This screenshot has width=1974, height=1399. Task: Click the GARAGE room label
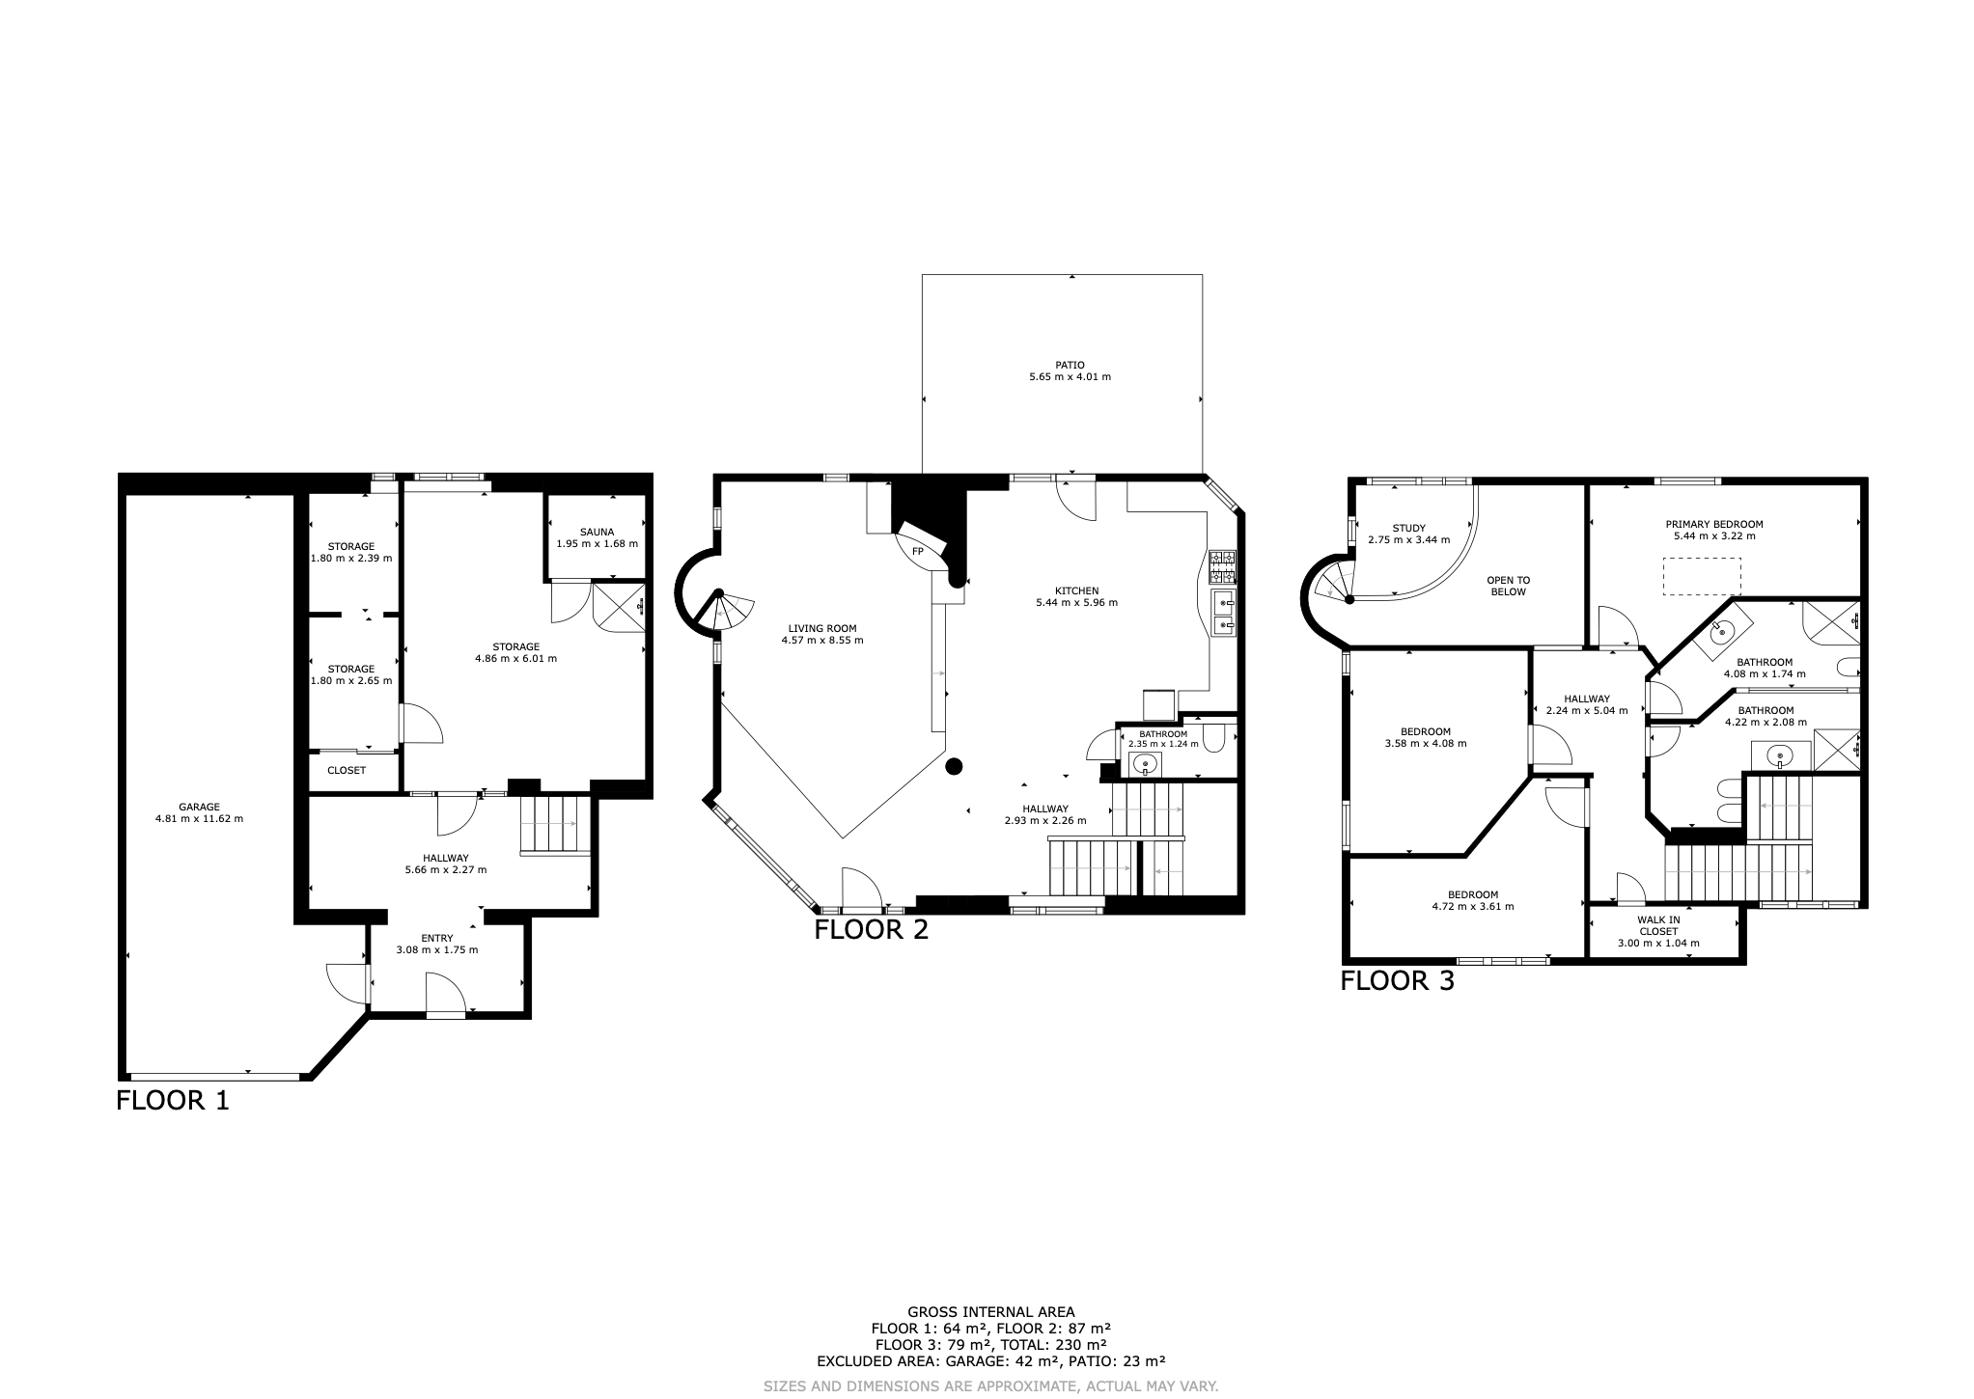pos(199,807)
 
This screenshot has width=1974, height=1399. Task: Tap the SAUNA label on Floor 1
pos(597,532)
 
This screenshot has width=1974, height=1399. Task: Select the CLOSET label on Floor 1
pos(347,770)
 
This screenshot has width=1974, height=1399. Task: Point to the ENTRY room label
pos(437,938)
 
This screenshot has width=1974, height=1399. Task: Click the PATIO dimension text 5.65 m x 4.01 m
pos(1070,376)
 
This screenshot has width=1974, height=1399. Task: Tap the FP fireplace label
pos(918,551)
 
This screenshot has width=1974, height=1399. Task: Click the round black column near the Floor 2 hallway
pos(954,767)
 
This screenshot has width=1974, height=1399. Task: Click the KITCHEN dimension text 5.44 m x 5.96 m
pos(1076,602)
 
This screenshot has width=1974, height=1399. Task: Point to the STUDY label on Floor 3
pos(1408,528)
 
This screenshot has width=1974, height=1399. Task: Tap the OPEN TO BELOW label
pos(1509,586)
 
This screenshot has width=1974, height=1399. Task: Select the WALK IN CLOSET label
pos(1658,925)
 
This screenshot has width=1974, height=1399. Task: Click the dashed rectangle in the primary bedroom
pos(1702,576)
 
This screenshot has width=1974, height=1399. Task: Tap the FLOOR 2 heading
pos(871,930)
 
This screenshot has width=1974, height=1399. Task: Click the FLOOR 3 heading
pos(1397,981)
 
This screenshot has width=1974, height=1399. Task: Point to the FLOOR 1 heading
pos(173,1100)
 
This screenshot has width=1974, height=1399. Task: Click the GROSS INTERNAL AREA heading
pos(990,1311)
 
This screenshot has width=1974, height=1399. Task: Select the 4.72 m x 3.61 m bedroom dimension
pos(1472,906)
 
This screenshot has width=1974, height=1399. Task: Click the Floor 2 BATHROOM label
pos(1163,733)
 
